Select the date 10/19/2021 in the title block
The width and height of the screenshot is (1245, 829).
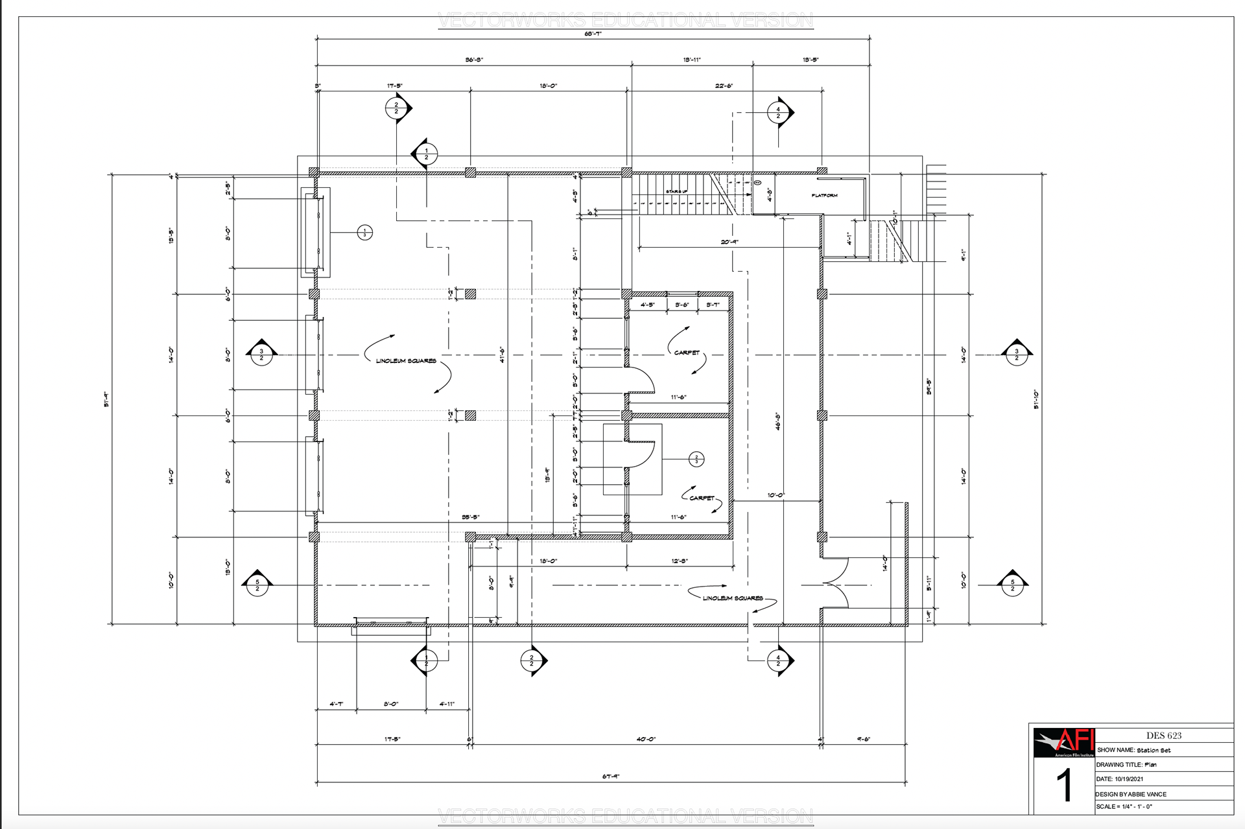click(x=1129, y=779)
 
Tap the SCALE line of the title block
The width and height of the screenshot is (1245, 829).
click(x=1124, y=807)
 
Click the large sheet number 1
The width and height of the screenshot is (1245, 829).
click(x=1064, y=786)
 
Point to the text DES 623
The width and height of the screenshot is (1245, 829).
click(x=1163, y=736)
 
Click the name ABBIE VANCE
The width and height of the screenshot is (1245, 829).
click(x=1147, y=794)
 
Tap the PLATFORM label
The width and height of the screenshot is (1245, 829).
click(x=824, y=195)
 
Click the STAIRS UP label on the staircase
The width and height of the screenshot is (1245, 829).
click(x=676, y=192)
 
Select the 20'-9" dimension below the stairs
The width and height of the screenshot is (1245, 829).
click(x=729, y=242)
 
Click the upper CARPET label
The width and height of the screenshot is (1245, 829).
click(x=687, y=353)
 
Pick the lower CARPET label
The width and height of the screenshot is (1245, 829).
click(x=702, y=498)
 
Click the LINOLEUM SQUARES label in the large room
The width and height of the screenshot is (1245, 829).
click(x=406, y=361)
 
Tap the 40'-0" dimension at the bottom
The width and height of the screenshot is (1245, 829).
click(x=645, y=739)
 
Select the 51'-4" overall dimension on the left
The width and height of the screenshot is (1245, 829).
click(x=106, y=399)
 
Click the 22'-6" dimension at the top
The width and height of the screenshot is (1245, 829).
click(x=724, y=86)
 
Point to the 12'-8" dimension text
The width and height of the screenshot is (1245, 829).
click(x=679, y=561)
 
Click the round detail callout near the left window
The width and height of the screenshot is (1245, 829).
click(x=365, y=232)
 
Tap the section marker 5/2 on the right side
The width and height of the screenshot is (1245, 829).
click(x=1012, y=585)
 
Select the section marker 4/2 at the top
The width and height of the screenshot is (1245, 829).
click(x=779, y=113)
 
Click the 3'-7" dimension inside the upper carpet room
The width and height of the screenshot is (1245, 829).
click(x=713, y=305)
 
